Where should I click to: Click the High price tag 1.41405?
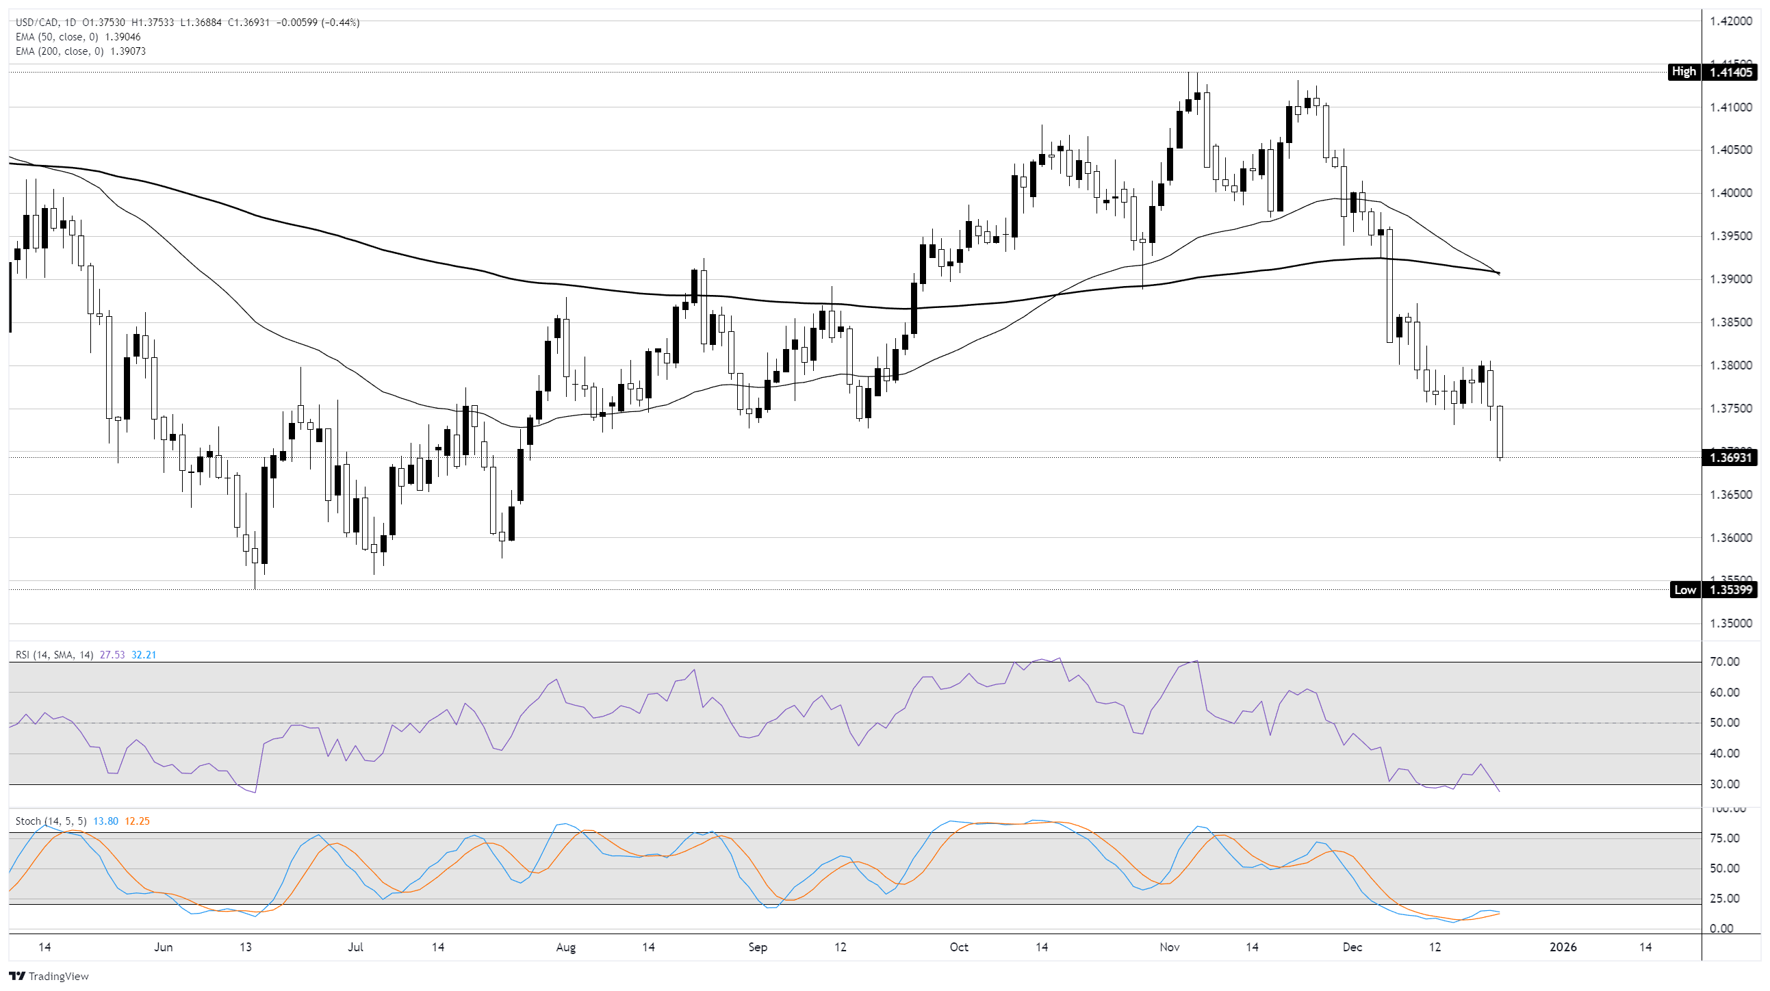point(1729,71)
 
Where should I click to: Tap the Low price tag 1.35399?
point(1729,590)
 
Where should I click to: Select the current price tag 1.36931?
point(1729,458)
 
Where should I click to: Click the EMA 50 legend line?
point(78,37)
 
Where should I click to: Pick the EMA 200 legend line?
point(80,51)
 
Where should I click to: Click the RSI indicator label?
point(54,655)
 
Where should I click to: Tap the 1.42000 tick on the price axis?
point(1730,21)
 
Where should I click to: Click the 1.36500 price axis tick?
point(1730,495)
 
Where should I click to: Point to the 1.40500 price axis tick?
point(1730,150)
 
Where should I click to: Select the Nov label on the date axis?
point(1169,947)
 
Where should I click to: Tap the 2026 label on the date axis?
point(1563,947)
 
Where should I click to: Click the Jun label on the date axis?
point(163,947)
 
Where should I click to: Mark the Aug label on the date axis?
point(565,947)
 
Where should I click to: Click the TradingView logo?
point(49,976)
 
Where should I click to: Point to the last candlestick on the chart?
point(1499,432)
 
